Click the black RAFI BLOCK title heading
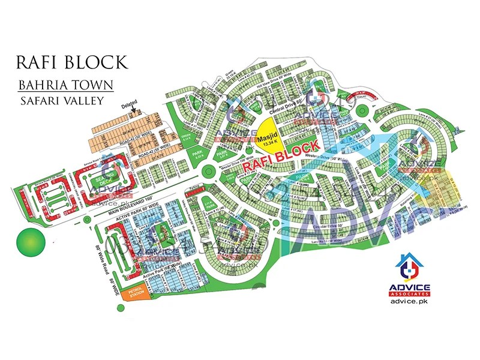pos(73,62)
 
